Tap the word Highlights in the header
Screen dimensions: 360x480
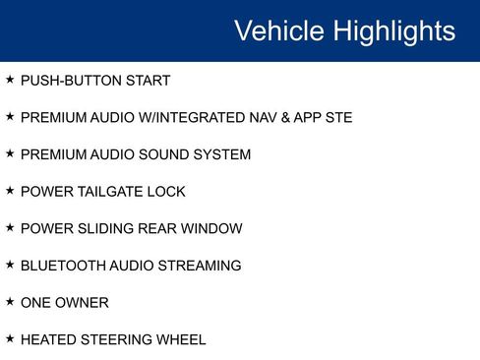click(393, 30)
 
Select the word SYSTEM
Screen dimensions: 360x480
click(223, 154)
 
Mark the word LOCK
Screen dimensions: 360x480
click(165, 192)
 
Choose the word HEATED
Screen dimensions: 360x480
click(49, 339)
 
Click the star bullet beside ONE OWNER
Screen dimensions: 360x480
click(10, 301)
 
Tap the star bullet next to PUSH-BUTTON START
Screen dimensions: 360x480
click(10, 80)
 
